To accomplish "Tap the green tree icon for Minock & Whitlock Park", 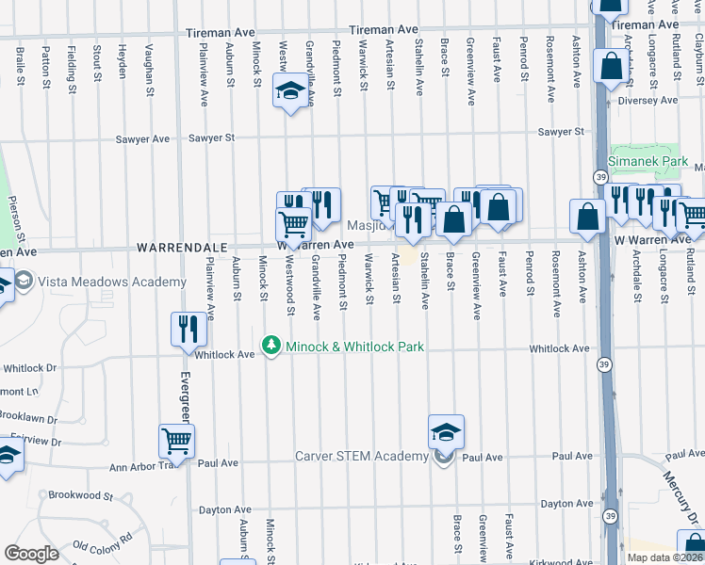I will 272,347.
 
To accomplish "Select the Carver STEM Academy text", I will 362,457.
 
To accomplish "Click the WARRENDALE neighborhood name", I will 179,246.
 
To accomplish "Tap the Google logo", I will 32,554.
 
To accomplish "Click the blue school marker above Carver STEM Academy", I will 446,432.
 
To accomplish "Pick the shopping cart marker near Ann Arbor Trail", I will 177,441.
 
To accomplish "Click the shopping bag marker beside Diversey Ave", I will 611,67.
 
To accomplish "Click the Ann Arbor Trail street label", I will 143,466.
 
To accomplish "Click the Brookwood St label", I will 80,495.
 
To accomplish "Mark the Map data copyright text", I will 663,557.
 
